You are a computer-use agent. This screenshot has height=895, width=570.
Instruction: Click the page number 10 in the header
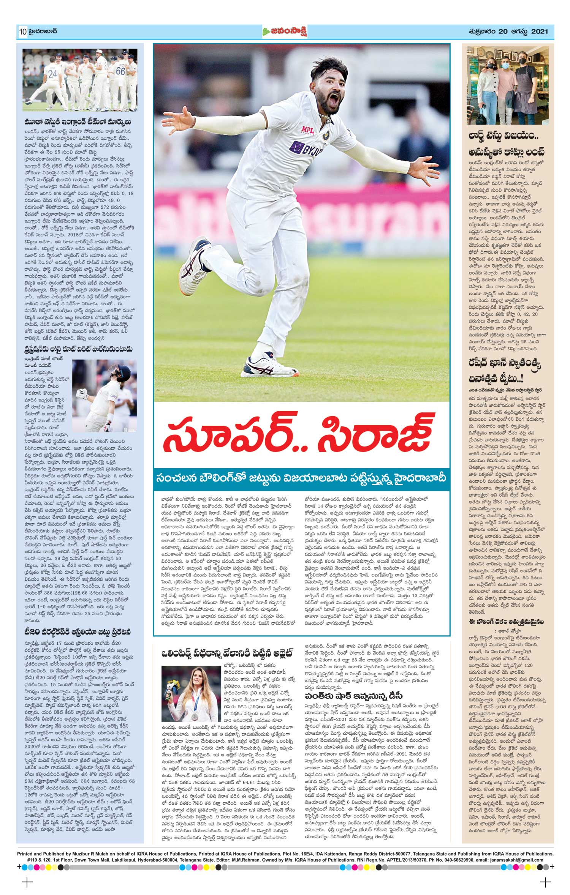point(21,32)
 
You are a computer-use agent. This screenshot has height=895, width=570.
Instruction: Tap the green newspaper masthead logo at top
point(285,32)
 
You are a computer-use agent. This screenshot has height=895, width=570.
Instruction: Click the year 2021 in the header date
point(539,32)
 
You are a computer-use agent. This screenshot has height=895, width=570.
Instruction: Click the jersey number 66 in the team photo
point(120,71)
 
